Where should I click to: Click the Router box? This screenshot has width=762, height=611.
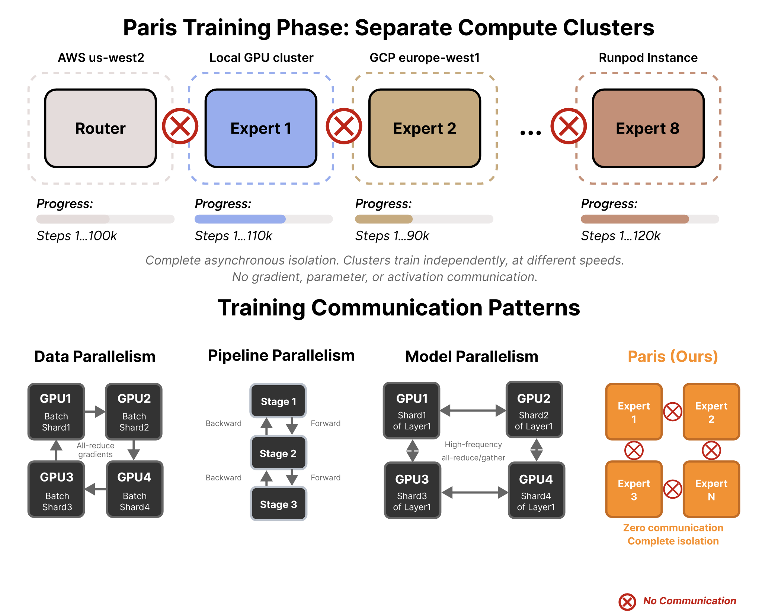pyautogui.click(x=100, y=128)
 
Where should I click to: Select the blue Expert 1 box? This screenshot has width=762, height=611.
pyautogui.click(x=260, y=128)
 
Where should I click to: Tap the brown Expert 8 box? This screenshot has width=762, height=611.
pyautogui.click(x=648, y=128)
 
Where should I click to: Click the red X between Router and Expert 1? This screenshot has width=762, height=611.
pyautogui.click(x=180, y=126)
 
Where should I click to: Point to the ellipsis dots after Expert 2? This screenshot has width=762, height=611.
pyautogui.click(x=531, y=132)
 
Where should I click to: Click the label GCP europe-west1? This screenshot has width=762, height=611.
pyautogui.click(x=425, y=58)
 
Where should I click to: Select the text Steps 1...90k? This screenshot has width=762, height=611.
pyautogui.click(x=392, y=236)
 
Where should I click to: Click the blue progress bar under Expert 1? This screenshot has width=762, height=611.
pyautogui.click(x=240, y=219)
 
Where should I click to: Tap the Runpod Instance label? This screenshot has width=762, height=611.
pyautogui.click(x=648, y=58)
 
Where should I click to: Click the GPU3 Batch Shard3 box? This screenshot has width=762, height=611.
pyautogui.click(x=57, y=489)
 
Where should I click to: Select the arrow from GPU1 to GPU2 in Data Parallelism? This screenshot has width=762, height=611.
pyautogui.click(x=95, y=412)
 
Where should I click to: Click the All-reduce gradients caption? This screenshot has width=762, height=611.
pyautogui.click(x=95, y=450)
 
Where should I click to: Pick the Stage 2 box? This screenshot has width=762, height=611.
pyautogui.click(x=278, y=453)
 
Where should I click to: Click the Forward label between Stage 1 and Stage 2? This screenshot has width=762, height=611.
pyautogui.click(x=326, y=423)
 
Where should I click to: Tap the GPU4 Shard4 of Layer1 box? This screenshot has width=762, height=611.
pyautogui.click(x=536, y=490)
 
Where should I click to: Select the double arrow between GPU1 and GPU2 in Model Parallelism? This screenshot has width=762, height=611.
pyautogui.click(x=473, y=410)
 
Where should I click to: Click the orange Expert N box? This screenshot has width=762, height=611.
pyautogui.click(x=711, y=489)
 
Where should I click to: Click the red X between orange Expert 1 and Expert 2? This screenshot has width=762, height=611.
pyautogui.click(x=673, y=412)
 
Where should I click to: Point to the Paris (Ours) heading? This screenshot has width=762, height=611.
pyautogui.click(x=673, y=356)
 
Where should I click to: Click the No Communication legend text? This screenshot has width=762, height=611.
pyautogui.click(x=689, y=601)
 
